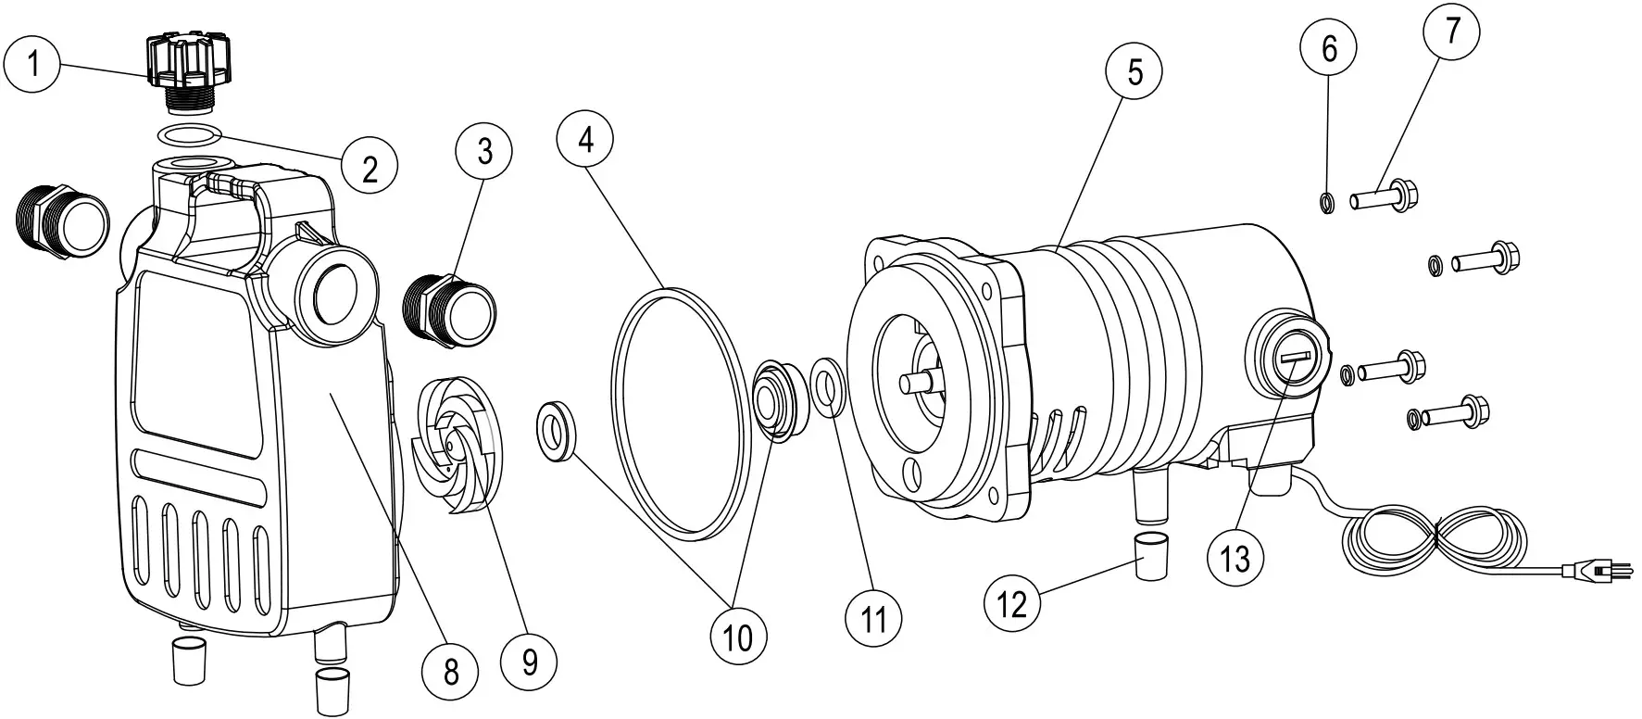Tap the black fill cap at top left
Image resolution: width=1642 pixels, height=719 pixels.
(185, 60)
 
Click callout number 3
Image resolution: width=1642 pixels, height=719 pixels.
(485, 151)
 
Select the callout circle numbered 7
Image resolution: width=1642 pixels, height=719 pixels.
(1451, 32)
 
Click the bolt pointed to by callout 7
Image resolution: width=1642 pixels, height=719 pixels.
(1384, 197)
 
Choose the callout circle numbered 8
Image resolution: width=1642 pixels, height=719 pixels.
(451, 672)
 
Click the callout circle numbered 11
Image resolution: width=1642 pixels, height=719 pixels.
(874, 619)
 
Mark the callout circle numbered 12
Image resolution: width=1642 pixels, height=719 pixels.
(1012, 604)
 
